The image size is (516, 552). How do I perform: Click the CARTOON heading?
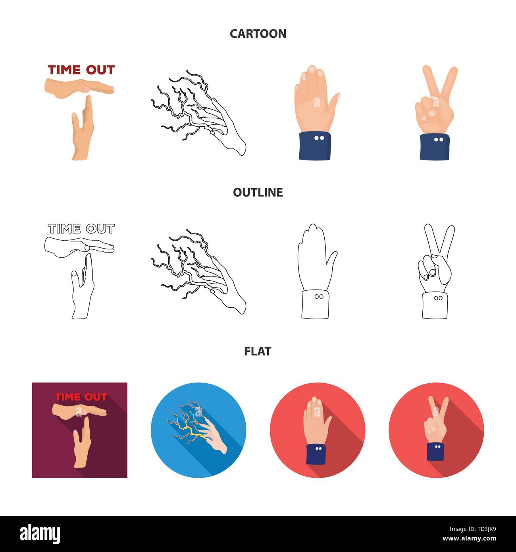258,34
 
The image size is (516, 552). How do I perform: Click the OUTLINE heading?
258,193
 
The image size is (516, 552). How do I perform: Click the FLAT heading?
258,351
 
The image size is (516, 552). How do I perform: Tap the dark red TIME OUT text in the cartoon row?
81,70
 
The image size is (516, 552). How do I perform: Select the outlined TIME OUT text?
81,229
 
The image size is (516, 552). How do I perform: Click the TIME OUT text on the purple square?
81,397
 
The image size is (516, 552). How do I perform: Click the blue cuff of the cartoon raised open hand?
315,146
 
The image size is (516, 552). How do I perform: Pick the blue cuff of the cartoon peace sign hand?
434,147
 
